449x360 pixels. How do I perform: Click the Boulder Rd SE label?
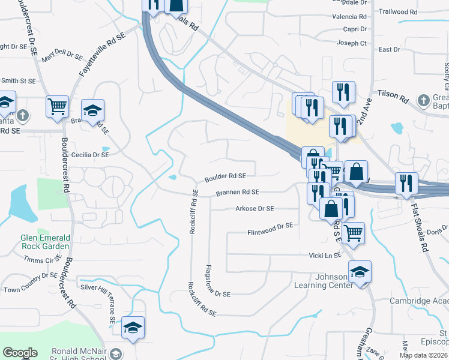pyautogui.click(x=225, y=177)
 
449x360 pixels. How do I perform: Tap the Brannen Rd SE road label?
pyautogui.click(x=237, y=193)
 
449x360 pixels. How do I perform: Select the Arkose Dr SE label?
pyautogui.click(x=255, y=209)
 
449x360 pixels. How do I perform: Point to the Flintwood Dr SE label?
pyautogui.click(x=270, y=229)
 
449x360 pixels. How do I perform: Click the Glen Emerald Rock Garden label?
pyautogui.click(x=45, y=242)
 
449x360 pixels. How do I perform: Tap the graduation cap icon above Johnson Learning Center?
pyautogui.click(x=360, y=272)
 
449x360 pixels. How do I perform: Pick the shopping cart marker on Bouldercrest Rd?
pyautogui.click(x=58, y=107)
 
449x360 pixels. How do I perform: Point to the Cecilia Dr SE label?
pyautogui.click(x=90, y=154)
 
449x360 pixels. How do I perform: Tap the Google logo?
pyautogui.click(x=20, y=353)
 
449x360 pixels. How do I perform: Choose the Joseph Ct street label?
pyautogui.click(x=352, y=43)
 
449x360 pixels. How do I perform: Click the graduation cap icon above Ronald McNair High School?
pyautogui.click(x=133, y=328)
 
